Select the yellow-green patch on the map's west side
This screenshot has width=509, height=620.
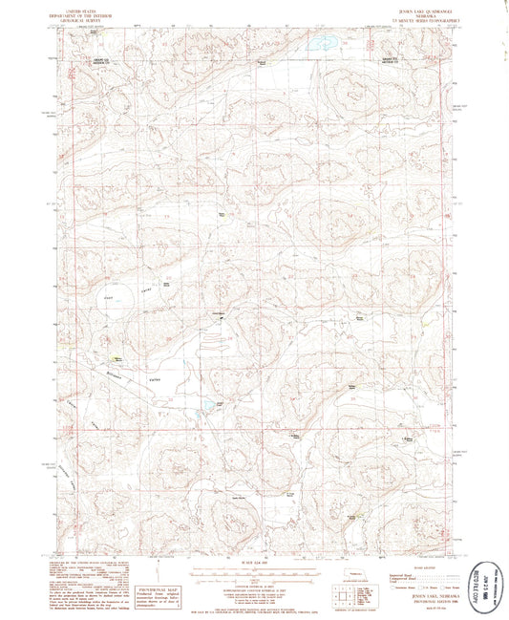pyautogui.click(x=116, y=359)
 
